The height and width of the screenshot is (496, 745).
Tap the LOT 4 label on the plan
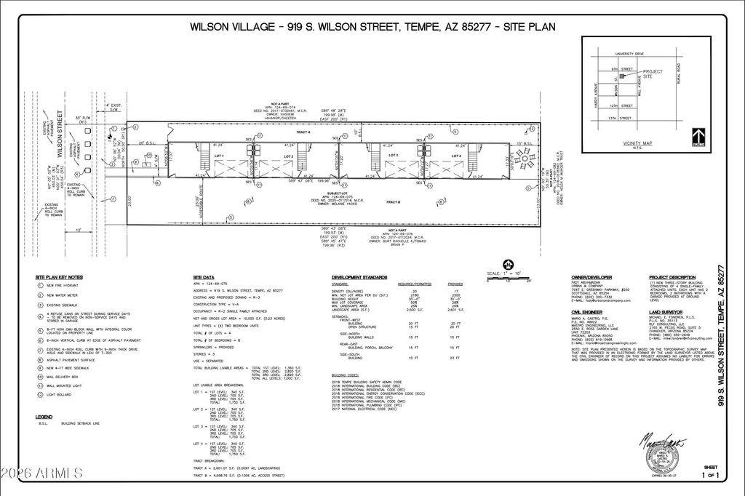coord(457,156)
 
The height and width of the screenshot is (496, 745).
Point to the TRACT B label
coord(394,202)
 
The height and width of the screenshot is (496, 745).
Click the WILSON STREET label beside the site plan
coord(59,129)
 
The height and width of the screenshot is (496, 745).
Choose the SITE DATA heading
coord(204,278)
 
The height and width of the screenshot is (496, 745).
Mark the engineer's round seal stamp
coord(666,460)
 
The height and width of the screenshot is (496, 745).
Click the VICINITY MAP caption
coord(637,143)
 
